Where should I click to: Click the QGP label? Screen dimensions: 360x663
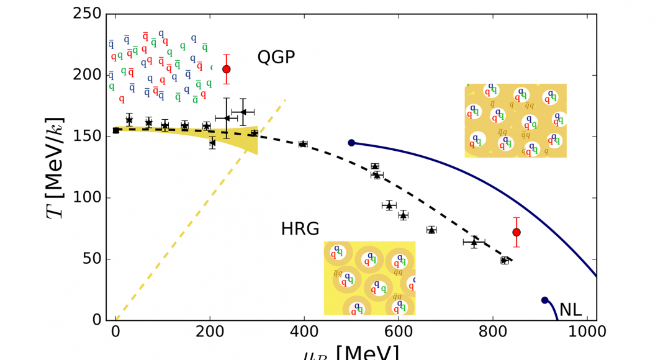tap(276, 58)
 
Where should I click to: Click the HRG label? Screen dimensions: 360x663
tap(300, 230)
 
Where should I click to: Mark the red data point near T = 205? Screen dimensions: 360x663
tap(227, 69)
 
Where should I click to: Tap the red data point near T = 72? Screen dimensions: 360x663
tap(516, 232)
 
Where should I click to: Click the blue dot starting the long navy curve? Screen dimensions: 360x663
tap(351, 143)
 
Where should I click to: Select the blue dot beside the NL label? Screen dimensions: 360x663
tap(545, 300)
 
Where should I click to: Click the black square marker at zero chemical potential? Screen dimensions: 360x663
tap(116, 130)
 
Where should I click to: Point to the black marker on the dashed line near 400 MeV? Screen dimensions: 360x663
tap(303, 144)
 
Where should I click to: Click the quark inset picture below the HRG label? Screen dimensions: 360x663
tap(369, 278)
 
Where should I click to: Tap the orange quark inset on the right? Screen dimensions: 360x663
tap(515, 120)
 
